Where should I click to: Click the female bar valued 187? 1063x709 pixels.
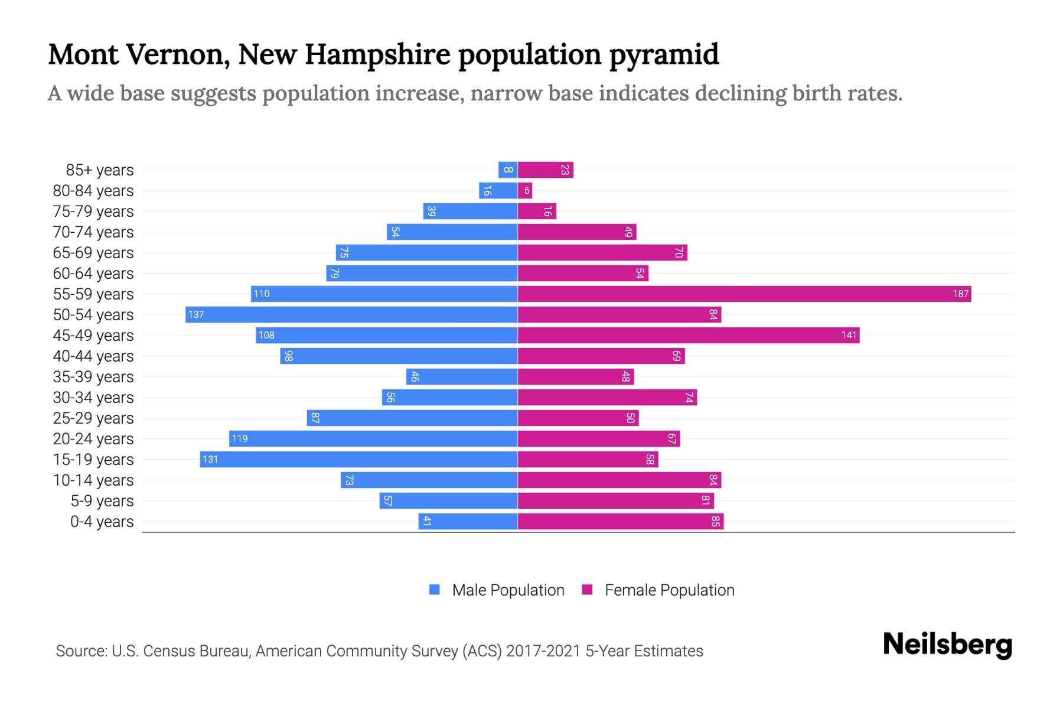(x=744, y=294)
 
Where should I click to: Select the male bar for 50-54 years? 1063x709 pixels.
(x=351, y=314)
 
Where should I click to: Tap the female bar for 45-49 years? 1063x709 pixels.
(x=688, y=335)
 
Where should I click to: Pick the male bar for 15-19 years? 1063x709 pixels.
(x=358, y=459)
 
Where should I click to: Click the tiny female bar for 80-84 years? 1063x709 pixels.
(x=525, y=190)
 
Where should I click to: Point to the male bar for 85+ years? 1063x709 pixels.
(x=508, y=170)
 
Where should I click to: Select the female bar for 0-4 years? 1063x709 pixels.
(x=620, y=521)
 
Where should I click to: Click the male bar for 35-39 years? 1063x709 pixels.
(x=462, y=376)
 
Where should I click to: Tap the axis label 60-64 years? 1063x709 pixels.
(x=93, y=274)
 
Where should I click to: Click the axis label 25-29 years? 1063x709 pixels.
(x=93, y=418)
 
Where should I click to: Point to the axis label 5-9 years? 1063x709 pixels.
(x=102, y=501)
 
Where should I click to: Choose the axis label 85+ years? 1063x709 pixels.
(x=100, y=170)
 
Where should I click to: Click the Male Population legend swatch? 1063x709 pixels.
(x=435, y=590)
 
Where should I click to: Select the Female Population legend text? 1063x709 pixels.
(x=669, y=590)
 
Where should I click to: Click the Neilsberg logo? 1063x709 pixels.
(x=947, y=645)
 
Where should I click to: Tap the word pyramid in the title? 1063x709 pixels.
(x=664, y=55)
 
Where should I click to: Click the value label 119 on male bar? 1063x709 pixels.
(x=240, y=438)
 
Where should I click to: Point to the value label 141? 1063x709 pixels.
(x=849, y=335)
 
